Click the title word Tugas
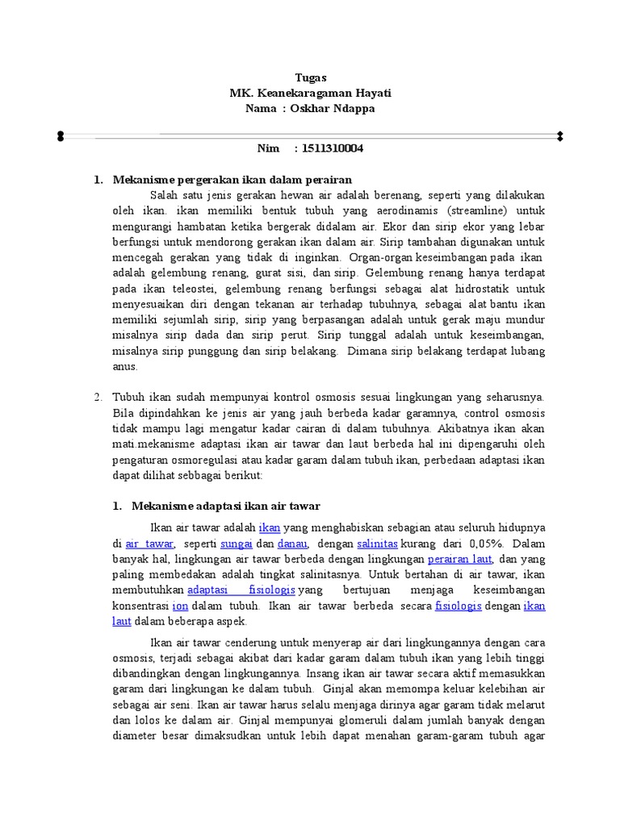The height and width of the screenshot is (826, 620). pos(310,77)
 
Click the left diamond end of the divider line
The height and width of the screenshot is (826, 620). pos(61,136)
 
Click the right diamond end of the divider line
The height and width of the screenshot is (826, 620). pos(559,136)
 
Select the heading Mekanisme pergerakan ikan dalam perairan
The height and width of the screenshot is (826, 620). pos(232,179)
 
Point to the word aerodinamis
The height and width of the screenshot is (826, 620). pos(386,211)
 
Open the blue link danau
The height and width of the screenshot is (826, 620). pos(292,544)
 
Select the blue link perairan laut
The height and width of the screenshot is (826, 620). pos(459,558)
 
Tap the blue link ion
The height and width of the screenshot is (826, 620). pos(180,605)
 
